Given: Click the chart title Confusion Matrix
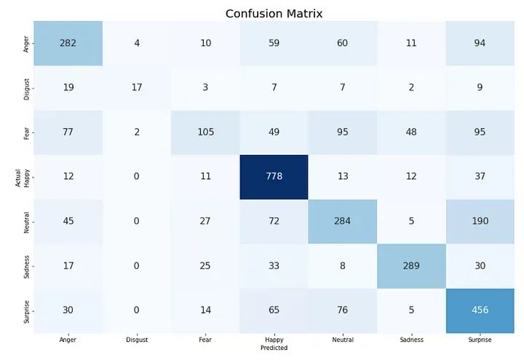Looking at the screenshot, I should [274, 13].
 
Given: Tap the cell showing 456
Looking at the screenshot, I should [479, 309].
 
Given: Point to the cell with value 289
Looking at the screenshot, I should [410, 266].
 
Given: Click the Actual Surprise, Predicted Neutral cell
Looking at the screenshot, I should [342, 309].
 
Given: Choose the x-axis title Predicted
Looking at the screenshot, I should [274, 348].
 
